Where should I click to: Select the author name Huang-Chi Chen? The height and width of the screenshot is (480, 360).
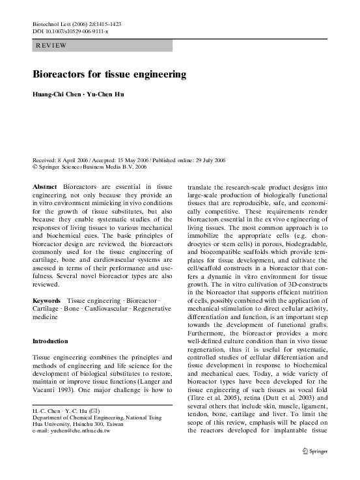56,95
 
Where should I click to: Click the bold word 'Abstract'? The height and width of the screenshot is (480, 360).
45,187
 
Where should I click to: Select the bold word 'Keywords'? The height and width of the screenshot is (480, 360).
46,301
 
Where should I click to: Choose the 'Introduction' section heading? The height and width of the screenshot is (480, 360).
50,341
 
